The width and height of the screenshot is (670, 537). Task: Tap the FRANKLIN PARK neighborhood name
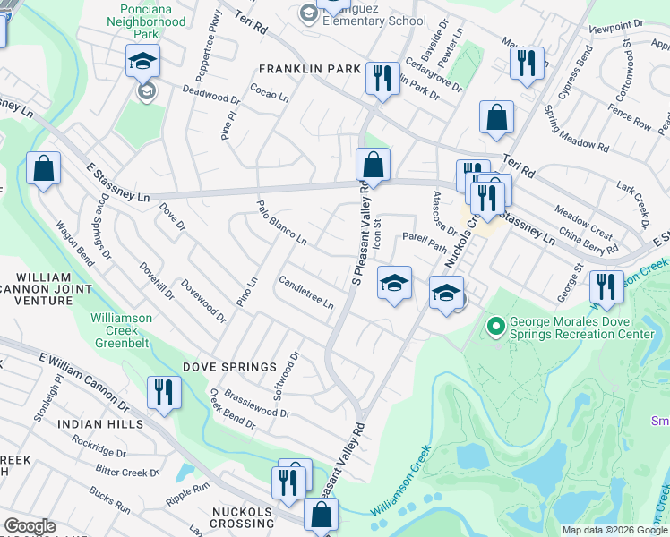(309, 69)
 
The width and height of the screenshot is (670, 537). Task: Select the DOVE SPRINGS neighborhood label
(229, 367)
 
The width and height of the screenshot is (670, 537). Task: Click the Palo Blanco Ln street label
(283, 223)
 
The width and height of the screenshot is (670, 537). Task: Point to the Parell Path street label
(424, 238)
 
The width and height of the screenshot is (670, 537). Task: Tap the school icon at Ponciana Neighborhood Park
(142, 60)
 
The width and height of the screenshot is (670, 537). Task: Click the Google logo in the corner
(30, 526)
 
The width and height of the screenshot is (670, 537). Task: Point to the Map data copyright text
(614, 530)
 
